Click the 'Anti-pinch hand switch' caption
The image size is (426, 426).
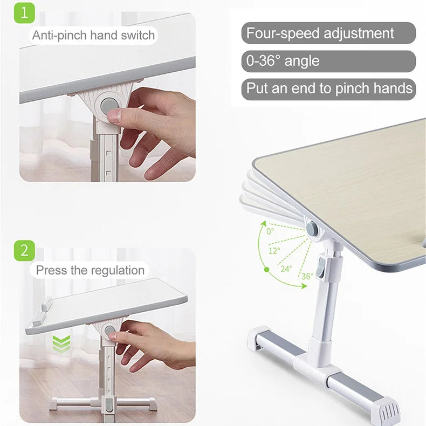click(x=93, y=36)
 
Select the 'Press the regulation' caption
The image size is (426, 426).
click(x=90, y=270)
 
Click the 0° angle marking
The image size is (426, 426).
click(x=270, y=231)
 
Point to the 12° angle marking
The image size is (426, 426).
click(x=274, y=250)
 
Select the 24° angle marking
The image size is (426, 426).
click(x=286, y=268)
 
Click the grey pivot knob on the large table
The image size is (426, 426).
click(x=312, y=228)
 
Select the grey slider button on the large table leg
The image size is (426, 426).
click(x=321, y=268)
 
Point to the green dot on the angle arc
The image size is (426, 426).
click(x=266, y=269)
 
